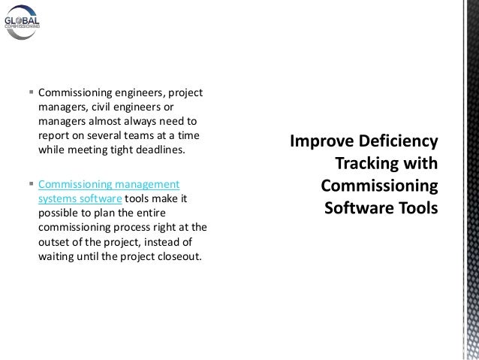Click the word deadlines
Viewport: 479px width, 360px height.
(157, 150)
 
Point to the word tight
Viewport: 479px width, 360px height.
(116, 150)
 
